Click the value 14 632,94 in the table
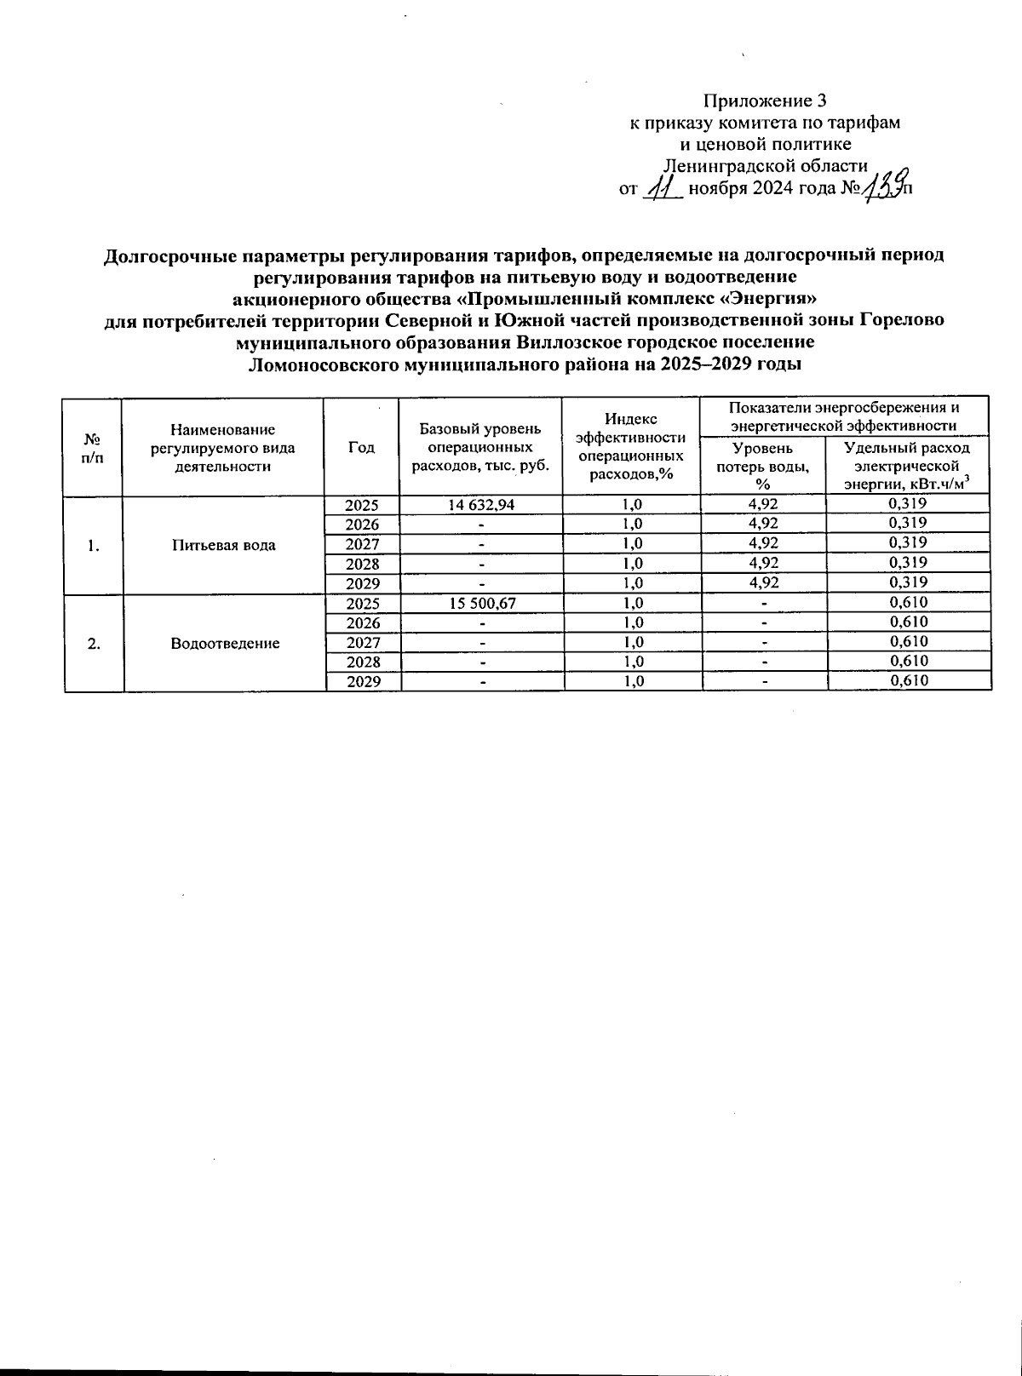481,504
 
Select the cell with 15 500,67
481,603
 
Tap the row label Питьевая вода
222,545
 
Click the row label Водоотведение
225,643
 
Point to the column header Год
362,447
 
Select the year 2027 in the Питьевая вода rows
362,543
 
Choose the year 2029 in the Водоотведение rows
362,681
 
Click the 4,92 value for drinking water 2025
763,504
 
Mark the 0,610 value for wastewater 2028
908,662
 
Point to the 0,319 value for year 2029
908,583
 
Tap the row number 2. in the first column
94,643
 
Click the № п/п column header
93,447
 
